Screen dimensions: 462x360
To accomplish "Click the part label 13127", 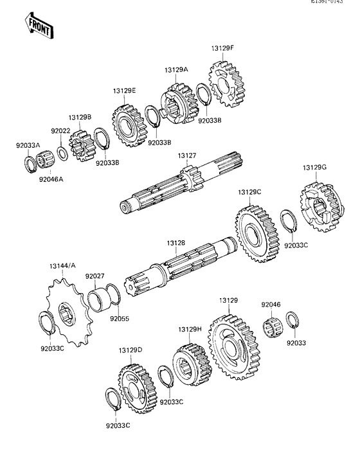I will coord(187,155).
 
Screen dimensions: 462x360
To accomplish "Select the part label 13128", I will coord(175,243).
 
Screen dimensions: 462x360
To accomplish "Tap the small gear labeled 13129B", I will coord(81,147).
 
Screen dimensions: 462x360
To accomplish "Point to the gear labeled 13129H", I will coord(190,364).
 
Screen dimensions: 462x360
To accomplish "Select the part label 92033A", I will coord(28,145).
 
